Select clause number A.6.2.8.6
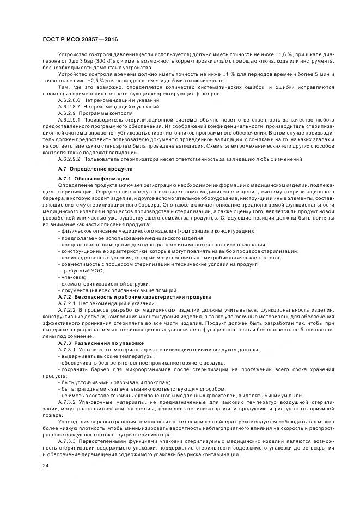tap(69, 101)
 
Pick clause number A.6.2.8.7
tap(69, 107)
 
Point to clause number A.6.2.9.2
tap(69, 159)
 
